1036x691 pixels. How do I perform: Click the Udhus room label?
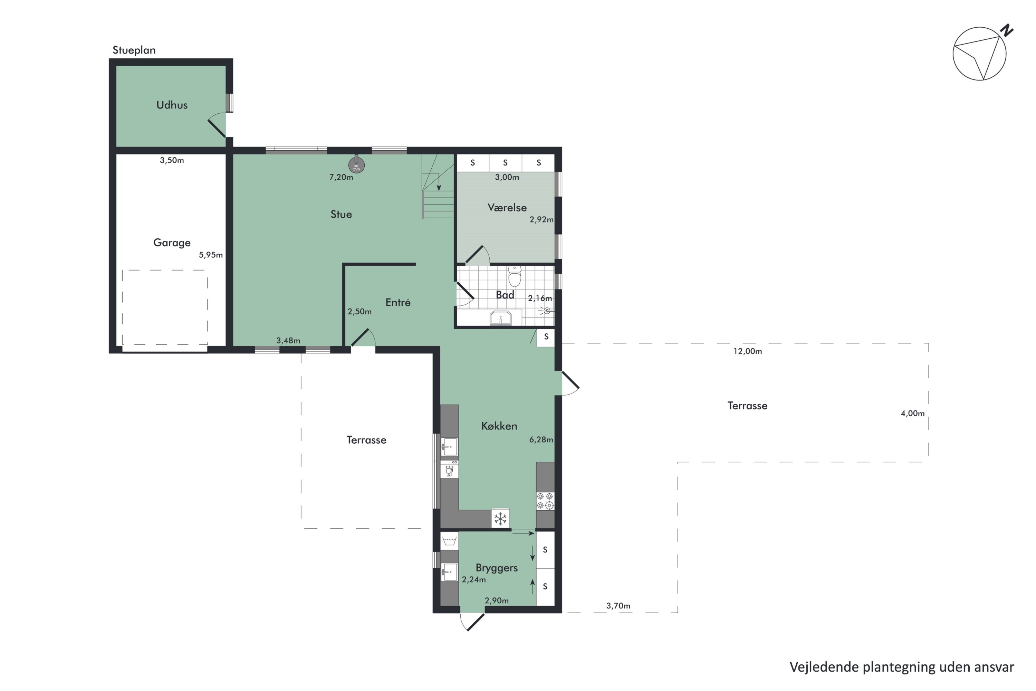pyautogui.click(x=172, y=105)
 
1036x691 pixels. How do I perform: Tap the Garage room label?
pyautogui.click(x=172, y=243)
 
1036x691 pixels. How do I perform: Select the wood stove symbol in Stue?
pyautogui.click(x=356, y=165)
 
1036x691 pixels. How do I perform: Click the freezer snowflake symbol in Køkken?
pyautogui.click(x=500, y=519)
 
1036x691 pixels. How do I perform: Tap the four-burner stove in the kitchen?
pyautogui.click(x=545, y=501)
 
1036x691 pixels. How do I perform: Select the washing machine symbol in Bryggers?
pyautogui.click(x=449, y=541)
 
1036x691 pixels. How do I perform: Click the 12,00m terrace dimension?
pyautogui.click(x=748, y=351)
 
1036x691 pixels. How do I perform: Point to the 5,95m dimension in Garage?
pyautogui.click(x=211, y=255)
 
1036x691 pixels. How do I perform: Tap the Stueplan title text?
pyautogui.click(x=134, y=50)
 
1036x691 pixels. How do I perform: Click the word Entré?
pyautogui.click(x=398, y=302)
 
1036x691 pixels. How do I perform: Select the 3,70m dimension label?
pyautogui.click(x=618, y=606)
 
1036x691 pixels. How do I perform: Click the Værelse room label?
pyautogui.click(x=507, y=208)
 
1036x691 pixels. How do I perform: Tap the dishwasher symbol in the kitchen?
pyautogui.click(x=449, y=470)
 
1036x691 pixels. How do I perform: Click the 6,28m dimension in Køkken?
pyautogui.click(x=541, y=439)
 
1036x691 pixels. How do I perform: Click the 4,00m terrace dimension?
pyautogui.click(x=912, y=413)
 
